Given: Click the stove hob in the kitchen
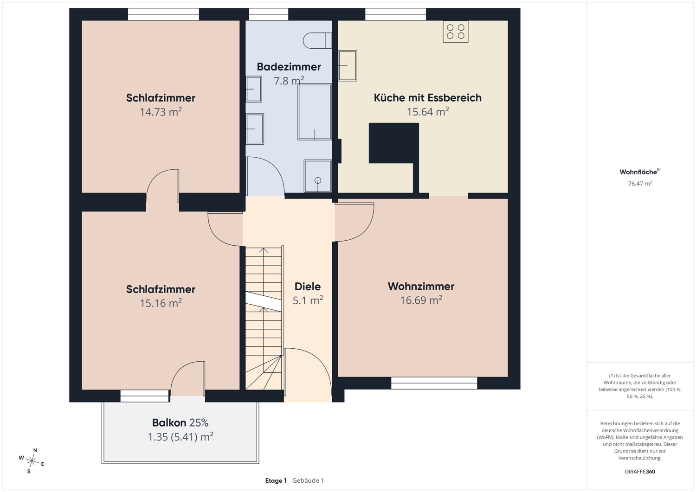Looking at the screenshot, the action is tap(455, 32).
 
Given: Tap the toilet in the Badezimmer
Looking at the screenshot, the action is tap(317, 40).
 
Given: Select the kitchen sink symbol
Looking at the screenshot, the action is tap(348, 66).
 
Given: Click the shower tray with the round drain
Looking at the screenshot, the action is tap(317, 176).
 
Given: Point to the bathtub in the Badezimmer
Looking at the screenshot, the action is tap(315, 112).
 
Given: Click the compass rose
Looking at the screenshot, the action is tap(32, 460).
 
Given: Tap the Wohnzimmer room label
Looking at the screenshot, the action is tap(421, 286).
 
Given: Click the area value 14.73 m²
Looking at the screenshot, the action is tap(161, 112).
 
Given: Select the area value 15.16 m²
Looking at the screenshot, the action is tap(161, 303).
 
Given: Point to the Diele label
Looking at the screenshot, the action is tap(308, 287).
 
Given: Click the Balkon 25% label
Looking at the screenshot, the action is tap(180, 422).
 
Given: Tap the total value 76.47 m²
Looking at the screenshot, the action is tap(640, 184).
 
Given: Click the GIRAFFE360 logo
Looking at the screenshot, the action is tap(640, 472).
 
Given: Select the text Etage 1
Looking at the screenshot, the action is tap(276, 480).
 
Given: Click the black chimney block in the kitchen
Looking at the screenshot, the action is tap(393, 143).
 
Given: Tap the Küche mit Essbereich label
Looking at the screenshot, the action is tap(427, 98).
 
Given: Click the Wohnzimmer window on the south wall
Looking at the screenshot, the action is tap(434, 383).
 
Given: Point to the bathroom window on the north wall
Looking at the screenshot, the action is tap(269, 14).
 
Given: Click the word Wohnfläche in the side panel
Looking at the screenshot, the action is tap(638, 172).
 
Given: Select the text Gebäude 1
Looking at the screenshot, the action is tap(308, 480).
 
